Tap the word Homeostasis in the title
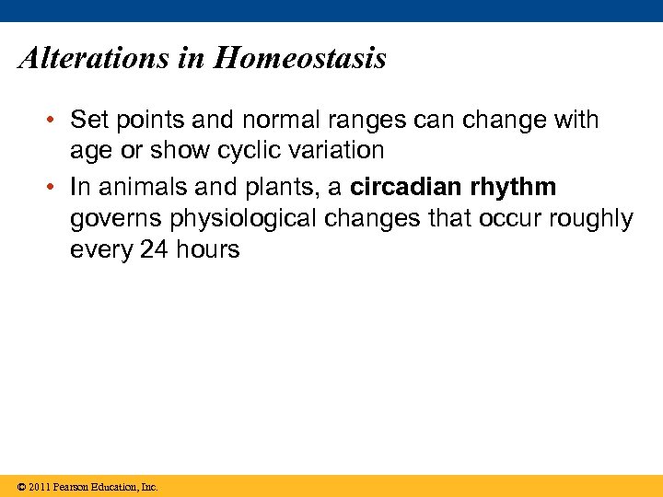(x=300, y=59)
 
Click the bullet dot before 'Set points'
(x=54, y=121)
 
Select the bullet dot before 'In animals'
(x=54, y=188)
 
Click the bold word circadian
(x=406, y=188)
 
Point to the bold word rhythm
(x=513, y=188)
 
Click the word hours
(x=207, y=249)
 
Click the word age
(x=90, y=151)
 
